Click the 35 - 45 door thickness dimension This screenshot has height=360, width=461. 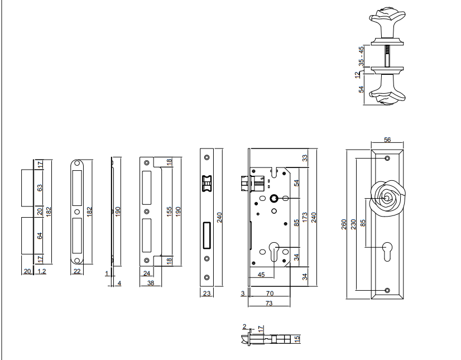(x=361, y=56)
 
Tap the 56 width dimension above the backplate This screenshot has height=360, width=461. (x=387, y=140)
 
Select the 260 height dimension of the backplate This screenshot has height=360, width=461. (x=344, y=224)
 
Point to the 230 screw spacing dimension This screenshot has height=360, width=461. (x=353, y=224)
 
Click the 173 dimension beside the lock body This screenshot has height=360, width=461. (x=305, y=217)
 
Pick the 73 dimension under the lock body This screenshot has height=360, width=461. (x=269, y=303)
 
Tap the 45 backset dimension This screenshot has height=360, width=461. (x=261, y=275)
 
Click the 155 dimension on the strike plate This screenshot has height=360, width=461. (x=169, y=212)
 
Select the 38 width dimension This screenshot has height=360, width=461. (x=151, y=282)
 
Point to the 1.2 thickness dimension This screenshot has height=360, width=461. (x=42, y=271)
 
